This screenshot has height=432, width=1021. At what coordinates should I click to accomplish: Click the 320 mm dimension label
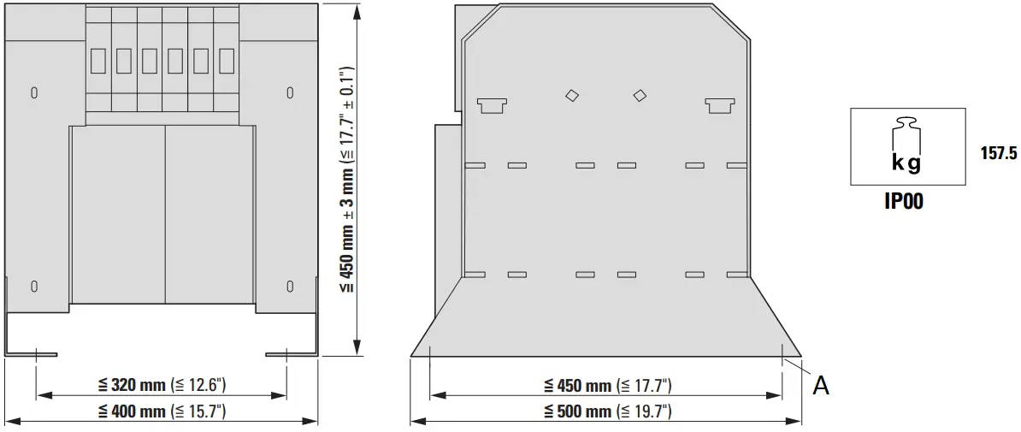[x=162, y=385]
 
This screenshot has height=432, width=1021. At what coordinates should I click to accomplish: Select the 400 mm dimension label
[x=162, y=411]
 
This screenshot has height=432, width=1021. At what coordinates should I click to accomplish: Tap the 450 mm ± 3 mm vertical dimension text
[x=346, y=180]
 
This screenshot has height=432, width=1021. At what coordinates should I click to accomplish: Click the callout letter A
[x=820, y=386]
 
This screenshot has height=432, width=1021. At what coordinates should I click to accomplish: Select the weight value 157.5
[x=998, y=154]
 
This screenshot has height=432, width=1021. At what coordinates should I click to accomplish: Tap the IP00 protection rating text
[x=903, y=203]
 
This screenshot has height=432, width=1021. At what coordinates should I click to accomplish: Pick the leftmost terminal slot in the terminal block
[x=97, y=61]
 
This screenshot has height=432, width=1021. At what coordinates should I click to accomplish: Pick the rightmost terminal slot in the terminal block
[x=227, y=61]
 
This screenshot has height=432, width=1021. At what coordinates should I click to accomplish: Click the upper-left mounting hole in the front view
[x=34, y=92]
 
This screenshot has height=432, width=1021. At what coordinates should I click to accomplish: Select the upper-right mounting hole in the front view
[x=290, y=92]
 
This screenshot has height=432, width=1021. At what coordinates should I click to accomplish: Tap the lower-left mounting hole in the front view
[x=34, y=286]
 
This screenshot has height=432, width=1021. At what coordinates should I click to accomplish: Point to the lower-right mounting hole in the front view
[x=290, y=286]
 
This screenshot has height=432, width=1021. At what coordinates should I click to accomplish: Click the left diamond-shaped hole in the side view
[x=572, y=96]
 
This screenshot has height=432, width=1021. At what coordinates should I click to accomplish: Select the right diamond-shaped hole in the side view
[x=640, y=96]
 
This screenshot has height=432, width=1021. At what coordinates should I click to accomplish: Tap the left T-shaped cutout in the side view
[x=493, y=104]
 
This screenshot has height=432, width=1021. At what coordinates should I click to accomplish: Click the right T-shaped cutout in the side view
[x=720, y=104]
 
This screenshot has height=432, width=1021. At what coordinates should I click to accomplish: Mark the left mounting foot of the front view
[x=30, y=352]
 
